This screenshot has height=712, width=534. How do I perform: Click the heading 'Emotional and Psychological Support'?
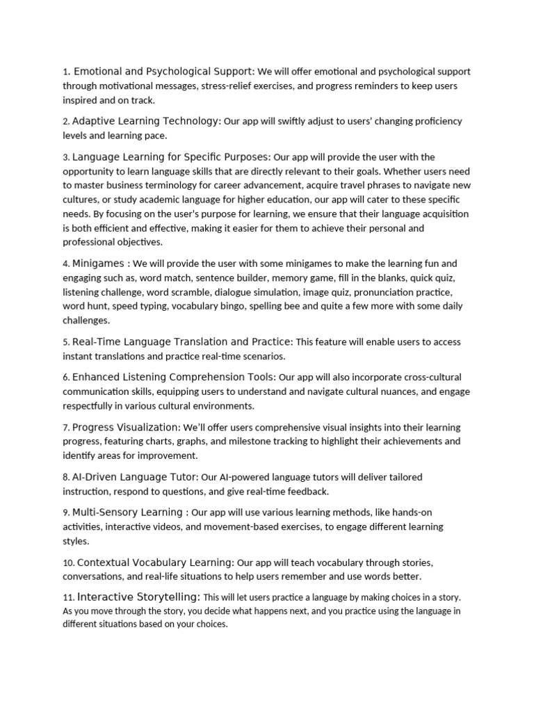click(164, 72)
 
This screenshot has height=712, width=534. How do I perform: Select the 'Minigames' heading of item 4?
click(99, 264)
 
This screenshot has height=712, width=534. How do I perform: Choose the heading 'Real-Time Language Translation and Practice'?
click(182, 342)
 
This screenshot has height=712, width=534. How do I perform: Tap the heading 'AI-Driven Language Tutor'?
click(135, 477)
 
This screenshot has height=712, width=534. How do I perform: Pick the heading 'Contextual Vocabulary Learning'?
click(155, 563)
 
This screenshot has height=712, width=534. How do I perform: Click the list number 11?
click(68, 598)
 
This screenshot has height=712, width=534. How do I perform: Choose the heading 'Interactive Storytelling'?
click(139, 597)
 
